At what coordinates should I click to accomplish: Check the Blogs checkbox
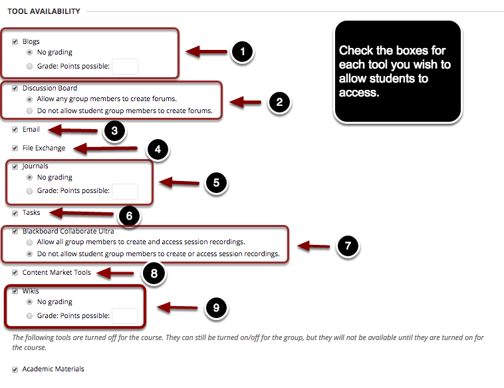15,41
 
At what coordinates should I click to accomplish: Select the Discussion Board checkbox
15,88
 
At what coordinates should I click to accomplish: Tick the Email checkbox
15,130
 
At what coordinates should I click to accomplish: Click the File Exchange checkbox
15,148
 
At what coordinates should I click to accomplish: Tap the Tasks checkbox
15,213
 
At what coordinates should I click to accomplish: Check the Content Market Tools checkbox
15,272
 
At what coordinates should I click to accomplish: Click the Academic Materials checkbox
15,369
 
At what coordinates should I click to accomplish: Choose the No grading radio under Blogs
29,53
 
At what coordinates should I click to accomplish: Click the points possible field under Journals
125,191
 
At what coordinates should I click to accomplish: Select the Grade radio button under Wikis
29,316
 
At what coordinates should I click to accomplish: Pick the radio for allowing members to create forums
29,99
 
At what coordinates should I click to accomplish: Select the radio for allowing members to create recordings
29,242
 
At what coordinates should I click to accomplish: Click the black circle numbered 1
243,52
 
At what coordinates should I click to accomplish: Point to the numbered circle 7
346,246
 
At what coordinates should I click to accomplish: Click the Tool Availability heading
43,11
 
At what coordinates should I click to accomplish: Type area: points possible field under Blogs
125,66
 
